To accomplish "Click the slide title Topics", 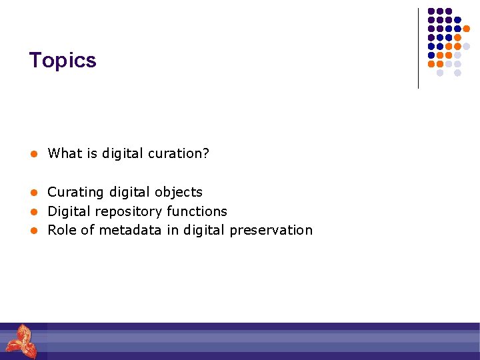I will click(x=63, y=61).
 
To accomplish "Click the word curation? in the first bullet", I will click(x=181, y=154).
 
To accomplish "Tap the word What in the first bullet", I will click(x=65, y=153).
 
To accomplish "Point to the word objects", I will click(x=179, y=192).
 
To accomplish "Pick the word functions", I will click(x=197, y=211).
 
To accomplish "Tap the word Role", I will click(x=62, y=230).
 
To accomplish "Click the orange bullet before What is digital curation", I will click(x=31, y=154).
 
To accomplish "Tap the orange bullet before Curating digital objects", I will click(x=31, y=193).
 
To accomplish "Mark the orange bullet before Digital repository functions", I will click(x=31, y=212).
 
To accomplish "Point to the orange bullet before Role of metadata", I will click(x=31, y=231).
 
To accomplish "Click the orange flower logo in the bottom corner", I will click(x=21, y=341).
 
